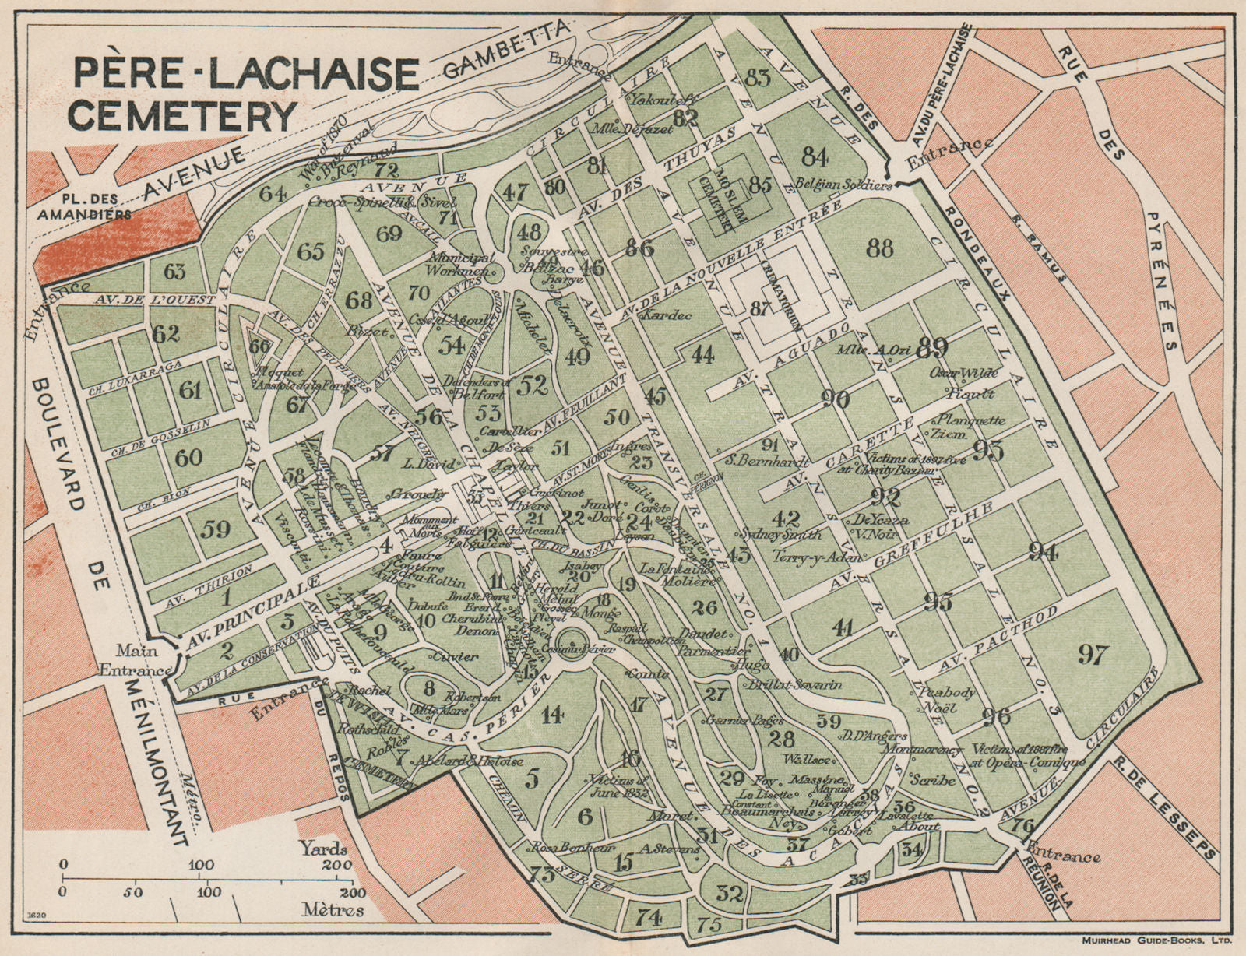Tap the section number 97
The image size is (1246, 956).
point(1092,655)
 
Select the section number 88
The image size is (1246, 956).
point(879,249)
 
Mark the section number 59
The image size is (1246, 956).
point(216,528)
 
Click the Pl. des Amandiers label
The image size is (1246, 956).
point(83,210)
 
